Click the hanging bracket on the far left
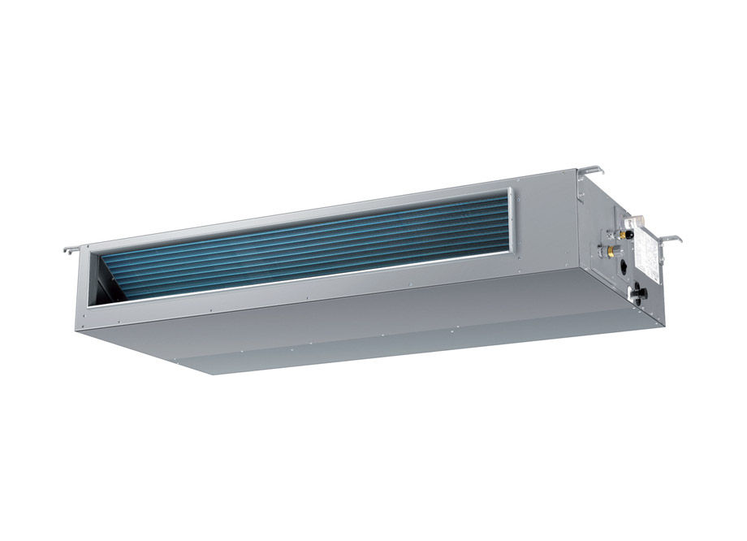click(71, 249)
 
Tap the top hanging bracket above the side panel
click(590, 171)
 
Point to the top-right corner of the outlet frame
click(511, 190)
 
